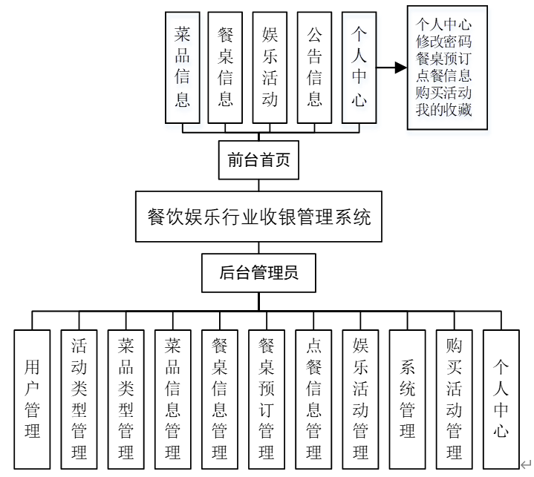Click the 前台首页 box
(x=258, y=159)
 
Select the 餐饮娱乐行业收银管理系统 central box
(x=258, y=217)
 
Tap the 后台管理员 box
(x=258, y=272)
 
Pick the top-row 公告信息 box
(x=314, y=67)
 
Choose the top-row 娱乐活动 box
(x=270, y=67)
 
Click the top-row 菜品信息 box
(x=183, y=67)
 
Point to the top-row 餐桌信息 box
(x=226, y=67)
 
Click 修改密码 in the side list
(x=444, y=42)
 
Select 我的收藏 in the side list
(x=444, y=110)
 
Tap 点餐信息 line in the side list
(x=444, y=76)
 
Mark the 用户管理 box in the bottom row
(x=33, y=398)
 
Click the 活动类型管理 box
(x=79, y=398)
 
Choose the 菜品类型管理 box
(x=126, y=398)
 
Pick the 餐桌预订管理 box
(x=267, y=398)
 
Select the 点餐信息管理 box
(x=313, y=398)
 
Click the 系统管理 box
(x=408, y=398)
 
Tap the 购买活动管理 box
(x=455, y=398)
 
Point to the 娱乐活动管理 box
(x=361, y=398)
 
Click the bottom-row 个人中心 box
(x=501, y=398)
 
